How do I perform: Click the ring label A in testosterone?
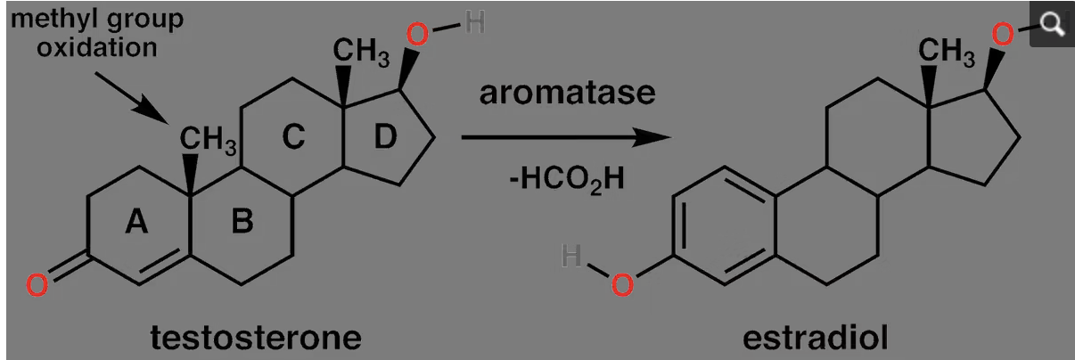pos(136,222)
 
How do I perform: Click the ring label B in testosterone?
pos(242,221)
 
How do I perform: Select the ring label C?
pos(293,137)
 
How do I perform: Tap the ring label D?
pos(385,136)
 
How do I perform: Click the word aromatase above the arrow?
pos(567,93)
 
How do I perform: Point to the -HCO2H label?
pos(567,179)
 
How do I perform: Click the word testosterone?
pos(256,338)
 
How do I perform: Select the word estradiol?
pos(816,338)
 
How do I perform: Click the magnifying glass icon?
pos(1052,24)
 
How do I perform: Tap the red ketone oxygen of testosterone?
pos(37,284)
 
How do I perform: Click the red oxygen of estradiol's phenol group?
pos(622,284)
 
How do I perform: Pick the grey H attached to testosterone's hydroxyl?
pos(474,22)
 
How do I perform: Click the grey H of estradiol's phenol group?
pos(571,255)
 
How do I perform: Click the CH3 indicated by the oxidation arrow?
pos(208,140)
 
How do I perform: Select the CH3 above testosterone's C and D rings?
pos(361,52)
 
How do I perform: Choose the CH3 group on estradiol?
pos(947,52)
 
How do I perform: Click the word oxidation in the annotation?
pos(97,47)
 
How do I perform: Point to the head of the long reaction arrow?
pos(671,137)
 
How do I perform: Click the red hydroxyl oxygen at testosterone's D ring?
pos(417,34)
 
